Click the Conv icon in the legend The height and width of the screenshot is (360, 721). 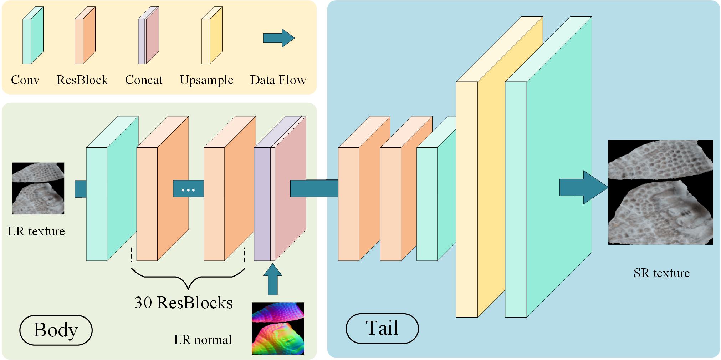[33, 35]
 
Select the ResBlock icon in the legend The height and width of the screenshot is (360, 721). [85, 35]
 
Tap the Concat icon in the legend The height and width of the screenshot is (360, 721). [148, 35]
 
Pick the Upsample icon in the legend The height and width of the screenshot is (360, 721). [212, 35]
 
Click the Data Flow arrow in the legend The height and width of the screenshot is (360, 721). [279, 38]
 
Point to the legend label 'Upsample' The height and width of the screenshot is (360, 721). [206, 80]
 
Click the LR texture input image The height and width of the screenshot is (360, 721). [38, 188]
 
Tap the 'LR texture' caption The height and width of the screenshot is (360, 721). [36, 231]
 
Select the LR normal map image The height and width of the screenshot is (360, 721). [278, 328]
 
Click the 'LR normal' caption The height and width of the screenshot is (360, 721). [203, 339]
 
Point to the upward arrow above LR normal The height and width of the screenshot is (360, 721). [273, 279]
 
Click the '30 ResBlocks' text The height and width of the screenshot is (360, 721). [184, 302]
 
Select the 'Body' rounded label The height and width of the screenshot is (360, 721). [56, 330]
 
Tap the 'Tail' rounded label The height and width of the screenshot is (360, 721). [382, 328]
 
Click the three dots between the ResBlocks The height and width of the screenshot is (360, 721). [188, 190]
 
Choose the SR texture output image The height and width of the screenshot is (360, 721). [660, 192]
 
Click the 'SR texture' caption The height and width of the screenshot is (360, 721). [661, 273]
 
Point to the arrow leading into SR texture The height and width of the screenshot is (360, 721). [584, 187]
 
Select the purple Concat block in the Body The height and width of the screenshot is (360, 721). [280, 188]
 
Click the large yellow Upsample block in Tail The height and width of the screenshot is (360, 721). [499, 167]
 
